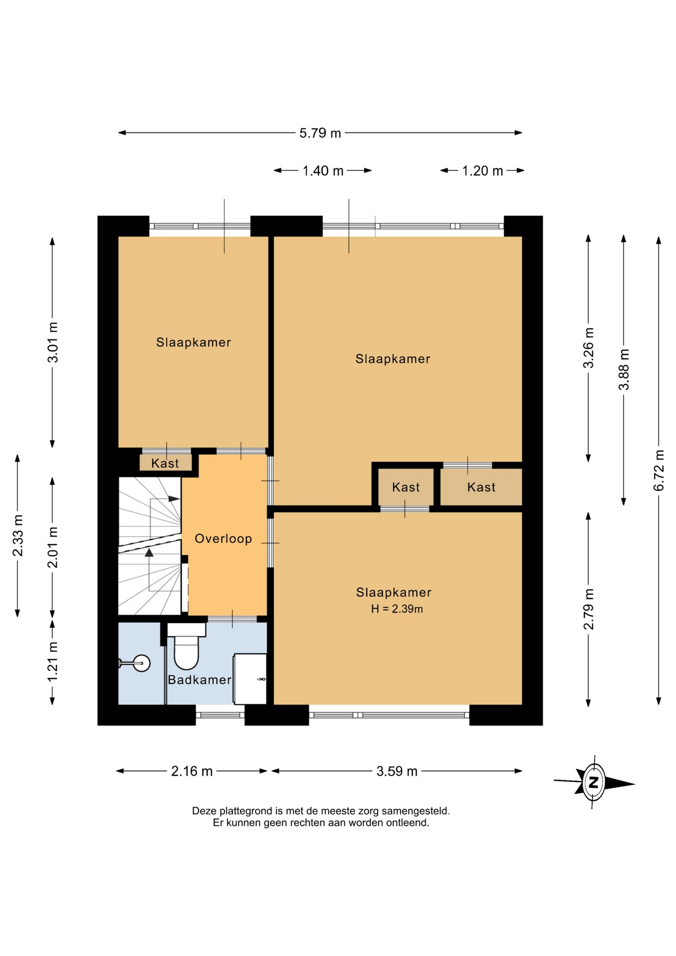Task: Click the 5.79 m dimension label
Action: pyautogui.click(x=320, y=133)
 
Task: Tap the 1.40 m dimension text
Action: pyautogui.click(x=323, y=171)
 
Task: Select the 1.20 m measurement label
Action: pyautogui.click(x=482, y=171)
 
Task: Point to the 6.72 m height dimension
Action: pyautogui.click(x=659, y=470)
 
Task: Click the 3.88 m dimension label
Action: pyautogui.click(x=624, y=369)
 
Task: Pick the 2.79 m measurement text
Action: pyautogui.click(x=588, y=609)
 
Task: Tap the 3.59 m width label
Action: pyautogui.click(x=397, y=771)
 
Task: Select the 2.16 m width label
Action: pyautogui.click(x=192, y=771)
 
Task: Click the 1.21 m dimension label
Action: pyautogui.click(x=52, y=661)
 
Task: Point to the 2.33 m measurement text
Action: pyautogui.click(x=17, y=535)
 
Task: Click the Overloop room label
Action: pyautogui.click(x=223, y=538)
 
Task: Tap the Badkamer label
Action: pyautogui.click(x=200, y=680)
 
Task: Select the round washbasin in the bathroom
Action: pyautogui.click(x=141, y=663)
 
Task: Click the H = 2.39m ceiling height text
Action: pyautogui.click(x=397, y=608)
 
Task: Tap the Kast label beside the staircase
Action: pyautogui.click(x=165, y=463)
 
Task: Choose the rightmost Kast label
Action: pyautogui.click(x=481, y=487)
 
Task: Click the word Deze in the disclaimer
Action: pyautogui.click(x=204, y=811)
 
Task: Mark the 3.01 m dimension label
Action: pyautogui.click(x=52, y=342)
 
